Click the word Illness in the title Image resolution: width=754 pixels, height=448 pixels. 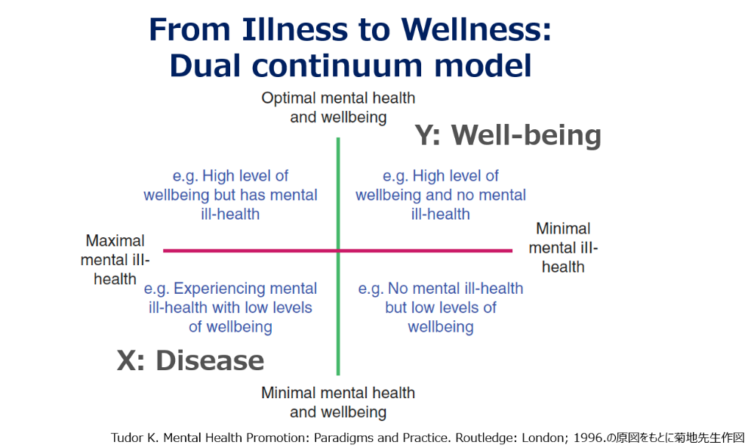tap(294, 29)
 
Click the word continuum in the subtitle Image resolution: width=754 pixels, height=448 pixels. tap(337, 66)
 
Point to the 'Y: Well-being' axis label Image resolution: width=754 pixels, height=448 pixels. tap(508, 135)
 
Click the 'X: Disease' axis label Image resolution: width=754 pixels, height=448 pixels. tap(190, 360)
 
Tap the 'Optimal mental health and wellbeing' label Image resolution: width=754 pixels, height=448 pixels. tap(338, 107)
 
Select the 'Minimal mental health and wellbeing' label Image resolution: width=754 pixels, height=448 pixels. tap(338, 402)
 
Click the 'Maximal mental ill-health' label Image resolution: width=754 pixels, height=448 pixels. tap(115, 260)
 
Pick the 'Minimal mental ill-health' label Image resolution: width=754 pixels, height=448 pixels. tap(563, 248)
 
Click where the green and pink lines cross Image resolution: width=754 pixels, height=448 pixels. tap(338, 251)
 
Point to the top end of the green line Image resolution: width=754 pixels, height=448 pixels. tap(338, 138)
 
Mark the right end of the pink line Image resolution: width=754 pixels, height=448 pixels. tap(512, 251)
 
